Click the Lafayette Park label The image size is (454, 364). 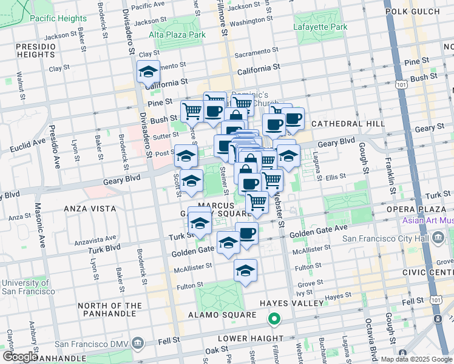pos(320,27)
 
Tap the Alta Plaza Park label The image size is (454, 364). pos(177,35)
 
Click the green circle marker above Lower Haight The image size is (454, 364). pos(274,318)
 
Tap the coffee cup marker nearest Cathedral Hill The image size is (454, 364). pos(293,119)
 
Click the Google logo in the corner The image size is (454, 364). pos(20,357)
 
